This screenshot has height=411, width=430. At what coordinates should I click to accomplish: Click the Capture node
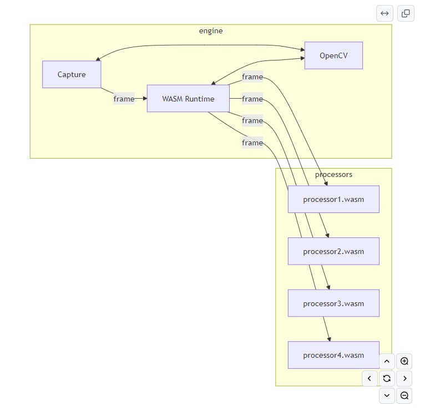pos(72,74)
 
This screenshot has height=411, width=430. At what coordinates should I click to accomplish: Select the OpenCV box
pos(333,55)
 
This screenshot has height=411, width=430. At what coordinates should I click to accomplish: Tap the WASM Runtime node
pos(188,99)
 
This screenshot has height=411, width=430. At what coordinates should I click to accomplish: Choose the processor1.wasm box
pos(333,200)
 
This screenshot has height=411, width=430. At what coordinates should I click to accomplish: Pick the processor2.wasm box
pos(333,251)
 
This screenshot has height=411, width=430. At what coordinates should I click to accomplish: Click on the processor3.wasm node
pos(333,303)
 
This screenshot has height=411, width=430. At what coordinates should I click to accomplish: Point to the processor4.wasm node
pos(333,355)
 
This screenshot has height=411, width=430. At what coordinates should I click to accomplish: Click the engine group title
pos(211,31)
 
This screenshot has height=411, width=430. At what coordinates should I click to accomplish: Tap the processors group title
pos(333,175)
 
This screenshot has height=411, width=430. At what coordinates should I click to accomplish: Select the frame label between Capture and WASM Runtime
pos(124,99)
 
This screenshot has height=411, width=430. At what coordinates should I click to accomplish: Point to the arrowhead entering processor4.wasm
pos(330,339)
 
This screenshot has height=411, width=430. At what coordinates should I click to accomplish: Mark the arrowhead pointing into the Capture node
pos(98,59)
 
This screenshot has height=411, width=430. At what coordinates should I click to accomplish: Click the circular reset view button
pos(387,379)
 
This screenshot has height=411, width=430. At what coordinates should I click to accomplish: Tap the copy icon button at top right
pos(406,13)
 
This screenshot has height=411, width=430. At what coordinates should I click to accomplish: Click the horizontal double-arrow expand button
pos(385,13)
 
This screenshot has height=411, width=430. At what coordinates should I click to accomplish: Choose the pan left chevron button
pos(370,379)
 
